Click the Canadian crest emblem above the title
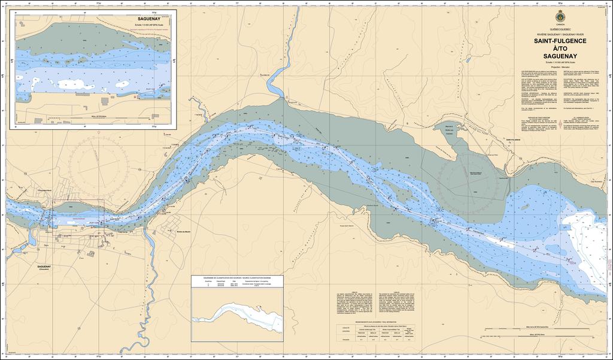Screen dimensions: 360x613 560,15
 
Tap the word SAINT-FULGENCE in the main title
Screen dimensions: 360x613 560,41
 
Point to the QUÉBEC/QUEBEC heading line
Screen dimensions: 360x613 560,29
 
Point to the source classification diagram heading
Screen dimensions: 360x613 238,279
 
